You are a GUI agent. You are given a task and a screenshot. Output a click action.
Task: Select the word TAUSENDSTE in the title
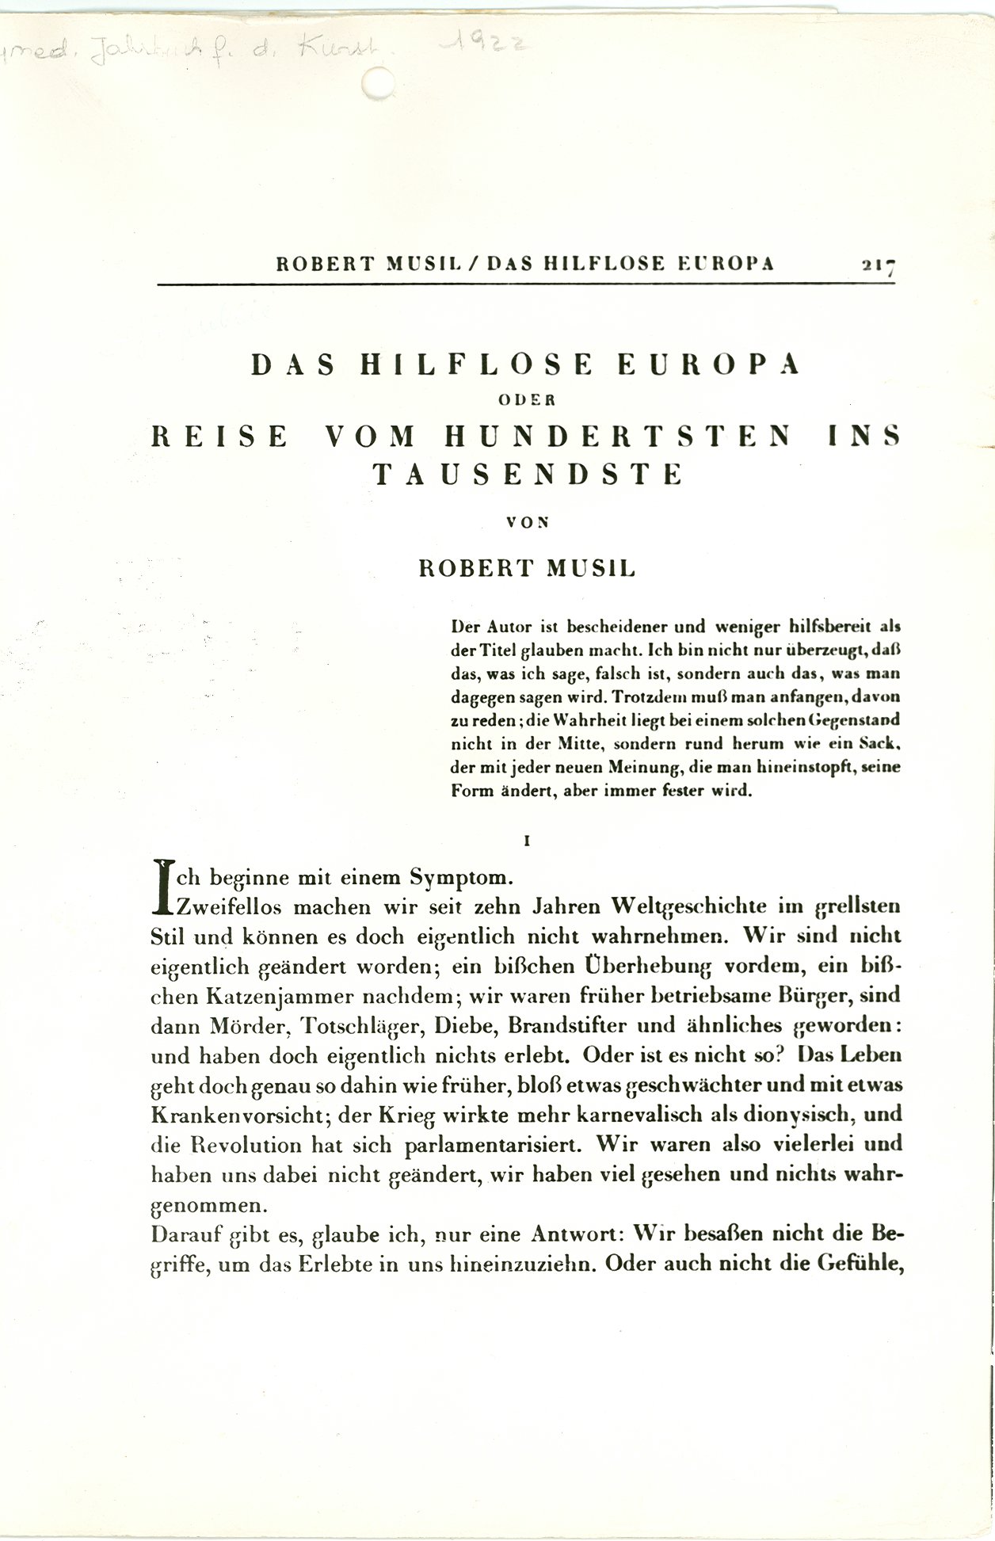coord(527,474)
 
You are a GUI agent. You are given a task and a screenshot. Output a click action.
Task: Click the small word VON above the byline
coord(527,521)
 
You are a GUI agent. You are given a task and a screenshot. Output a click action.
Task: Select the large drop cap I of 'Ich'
coord(165,885)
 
